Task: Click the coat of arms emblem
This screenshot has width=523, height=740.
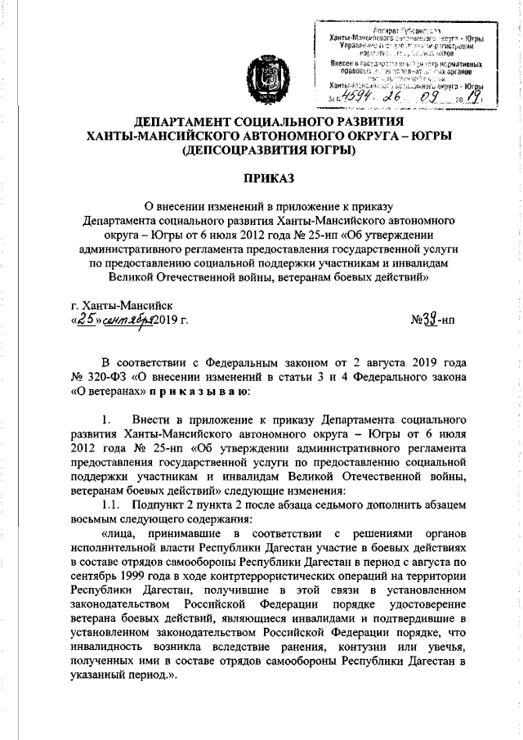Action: click(259, 78)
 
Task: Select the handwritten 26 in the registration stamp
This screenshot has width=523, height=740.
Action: click(399, 98)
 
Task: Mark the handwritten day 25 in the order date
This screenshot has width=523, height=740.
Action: click(85, 319)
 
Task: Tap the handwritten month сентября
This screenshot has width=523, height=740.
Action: click(127, 319)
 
